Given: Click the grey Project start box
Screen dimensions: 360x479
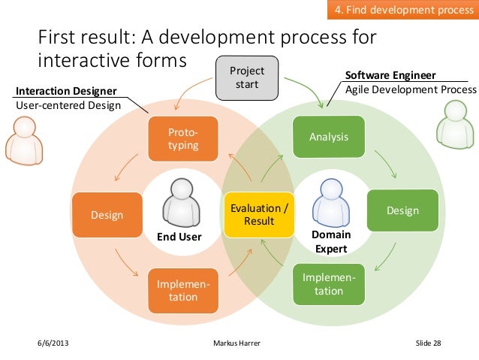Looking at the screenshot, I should tap(247, 77).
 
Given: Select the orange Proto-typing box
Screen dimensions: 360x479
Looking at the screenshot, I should tap(182, 138).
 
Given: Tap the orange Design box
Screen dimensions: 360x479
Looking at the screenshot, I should tap(107, 215).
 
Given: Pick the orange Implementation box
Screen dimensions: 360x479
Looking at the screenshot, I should tap(182, 290).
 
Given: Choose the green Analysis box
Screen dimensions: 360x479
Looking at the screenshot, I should tap(329, 137).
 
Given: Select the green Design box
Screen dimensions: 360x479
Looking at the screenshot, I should tap(402, 211).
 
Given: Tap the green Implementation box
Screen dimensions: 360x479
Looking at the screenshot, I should tap(329, 284).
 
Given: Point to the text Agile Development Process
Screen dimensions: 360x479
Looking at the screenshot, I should tap(410, 89).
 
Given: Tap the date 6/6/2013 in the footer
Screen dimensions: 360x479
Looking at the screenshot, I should tap(54, 343).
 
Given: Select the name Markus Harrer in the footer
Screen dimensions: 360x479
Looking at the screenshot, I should tap(240, 343).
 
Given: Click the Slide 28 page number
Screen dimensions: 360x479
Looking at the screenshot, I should tap(429, 343).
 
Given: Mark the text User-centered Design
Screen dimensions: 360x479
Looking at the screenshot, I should tap(68, 105).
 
